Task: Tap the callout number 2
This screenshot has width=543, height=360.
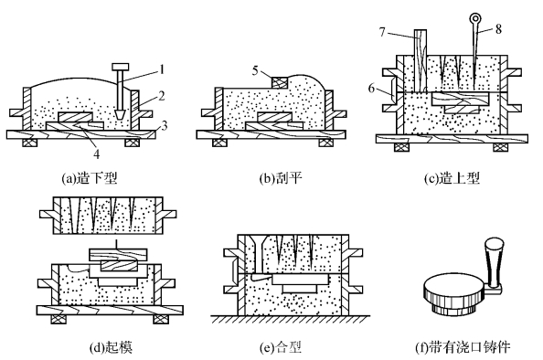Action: pyautogui.click(x=161, y=96)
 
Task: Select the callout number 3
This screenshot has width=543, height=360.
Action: pyautogui.click(x=165, y=125)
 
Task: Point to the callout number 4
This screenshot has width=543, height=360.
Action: pyautogui.click(x=97, y=154)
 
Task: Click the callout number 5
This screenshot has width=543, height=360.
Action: pyautogui.click(x=256, y=70)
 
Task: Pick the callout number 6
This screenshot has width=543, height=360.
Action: pyautogui.click(x=371, y=89)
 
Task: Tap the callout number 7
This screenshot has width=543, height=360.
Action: pyautogui.click(x=382, y=32)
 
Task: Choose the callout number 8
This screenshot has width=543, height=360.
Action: pyautogui.click(x=498, y=29)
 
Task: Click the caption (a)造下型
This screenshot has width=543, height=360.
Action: pyautogui.click(x=90, y=178)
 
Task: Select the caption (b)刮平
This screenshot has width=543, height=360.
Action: pyautogui.click(x=281, y=178)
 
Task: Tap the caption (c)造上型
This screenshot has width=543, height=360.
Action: pyautogui.click(x=452, y=178)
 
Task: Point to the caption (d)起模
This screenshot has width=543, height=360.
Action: pyautogui.click(x=111, y=347)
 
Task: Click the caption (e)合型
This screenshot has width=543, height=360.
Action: pyautogui.click(x=281, y=347)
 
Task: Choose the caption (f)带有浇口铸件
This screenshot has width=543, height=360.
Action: pyautogui.click(x=463, y=347)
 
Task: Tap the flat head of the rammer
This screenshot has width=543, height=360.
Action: pyautogui.click(x=121, y=67)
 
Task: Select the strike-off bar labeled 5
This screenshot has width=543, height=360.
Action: pyautogui.click(x=280, y=82)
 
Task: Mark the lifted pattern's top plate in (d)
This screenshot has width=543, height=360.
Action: pyautogui.click(x=119, y=254)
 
